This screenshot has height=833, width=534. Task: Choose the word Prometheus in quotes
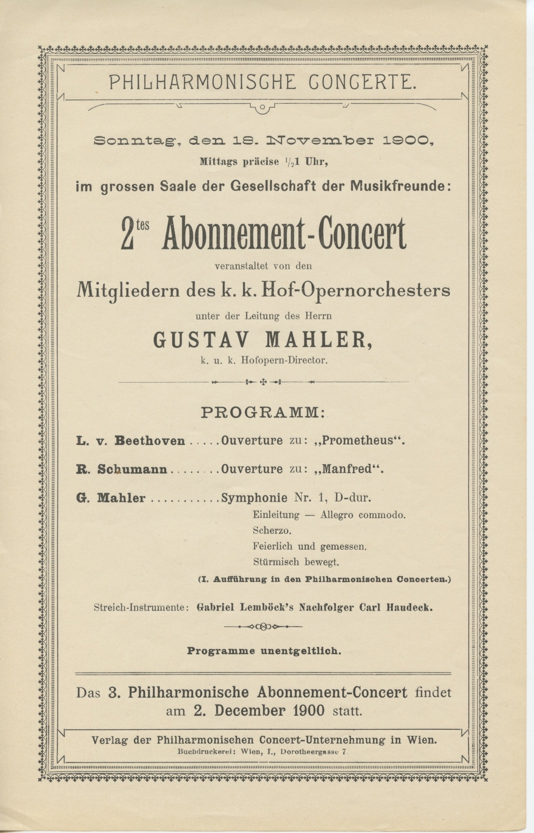tap(363, 441)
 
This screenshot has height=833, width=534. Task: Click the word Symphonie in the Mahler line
tap(254, 498)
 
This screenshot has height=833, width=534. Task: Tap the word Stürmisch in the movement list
tap(276, 562)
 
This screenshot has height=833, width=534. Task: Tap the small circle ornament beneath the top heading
tap(262, 107)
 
